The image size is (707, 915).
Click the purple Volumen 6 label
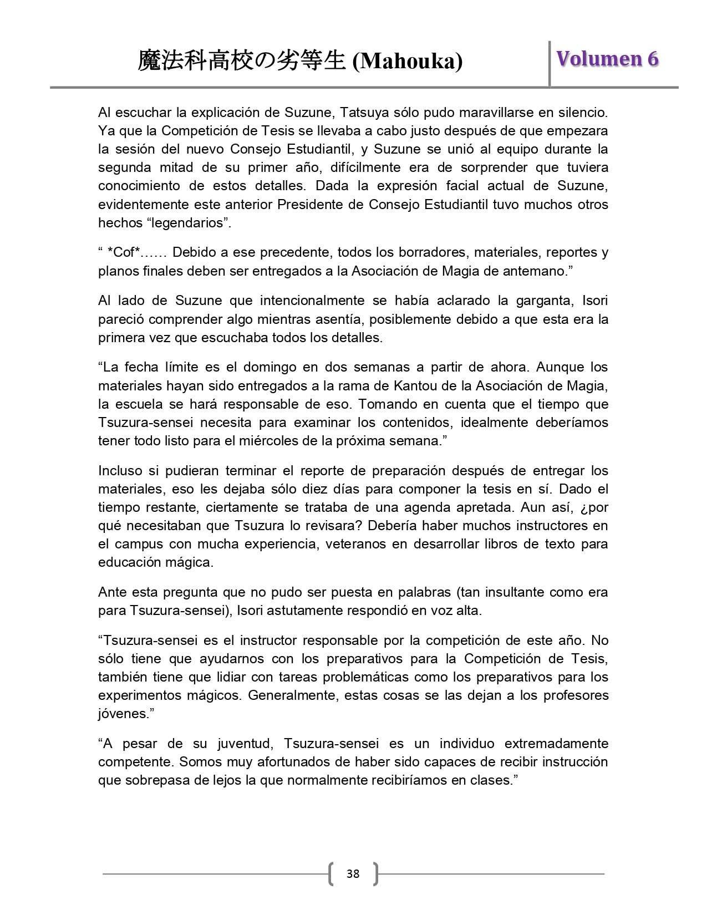608,59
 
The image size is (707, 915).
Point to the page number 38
353,874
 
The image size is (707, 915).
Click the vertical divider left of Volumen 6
550,63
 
